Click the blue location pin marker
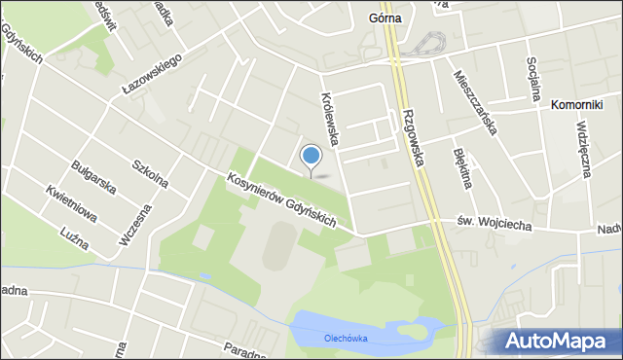311,157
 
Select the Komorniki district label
577,104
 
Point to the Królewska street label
330,120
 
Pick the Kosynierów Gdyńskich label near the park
281,201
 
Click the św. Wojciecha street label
494,224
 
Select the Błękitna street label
462,166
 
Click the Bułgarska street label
95,174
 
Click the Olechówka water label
345,339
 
